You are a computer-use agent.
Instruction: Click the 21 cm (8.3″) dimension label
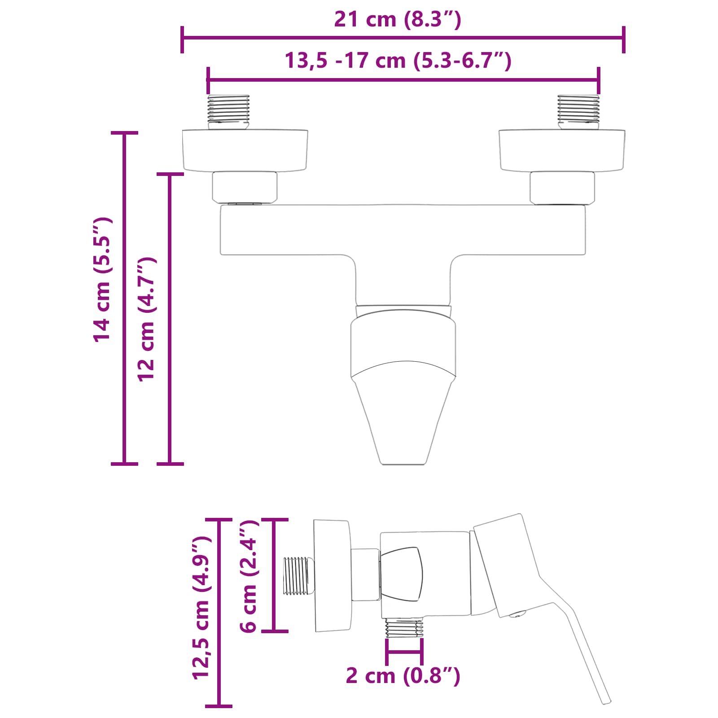point(398,20)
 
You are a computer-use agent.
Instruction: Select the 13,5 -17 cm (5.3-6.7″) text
point(398,61)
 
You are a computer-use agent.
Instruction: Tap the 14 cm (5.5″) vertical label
point(102,280)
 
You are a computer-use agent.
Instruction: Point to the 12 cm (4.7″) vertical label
point(147,319)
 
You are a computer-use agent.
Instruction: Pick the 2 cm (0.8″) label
point(403,676)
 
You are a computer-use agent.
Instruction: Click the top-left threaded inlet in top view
point(228,111)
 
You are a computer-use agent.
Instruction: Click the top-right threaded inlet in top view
point(578,111)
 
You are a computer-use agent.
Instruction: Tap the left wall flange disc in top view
point(245,150)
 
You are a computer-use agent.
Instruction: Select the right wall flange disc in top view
point(562,150)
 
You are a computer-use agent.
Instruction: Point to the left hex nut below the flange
point(245,187)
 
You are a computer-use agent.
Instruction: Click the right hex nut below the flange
point(562,187)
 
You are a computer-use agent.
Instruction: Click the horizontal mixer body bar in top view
point(403,230)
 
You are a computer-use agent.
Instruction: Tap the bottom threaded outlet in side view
point(404,627)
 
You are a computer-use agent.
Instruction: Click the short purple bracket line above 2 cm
point(404,652)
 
